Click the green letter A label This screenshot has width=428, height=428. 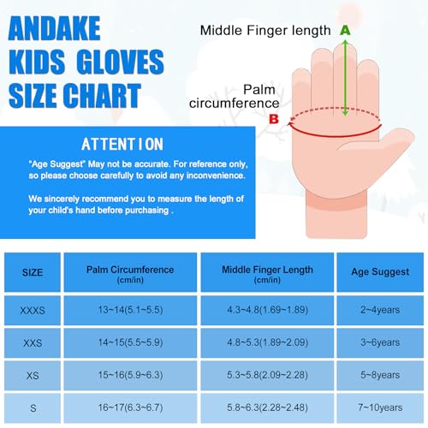[x=345, y=30]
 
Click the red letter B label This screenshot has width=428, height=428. [x=274, y=119]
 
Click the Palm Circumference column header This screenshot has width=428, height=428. [x=130, y=274]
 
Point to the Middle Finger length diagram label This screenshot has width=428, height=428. [x=265, y=31]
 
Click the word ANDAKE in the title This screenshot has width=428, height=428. [x=69, y=33]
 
